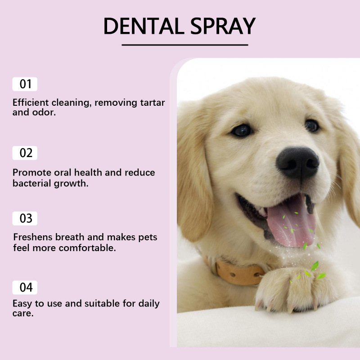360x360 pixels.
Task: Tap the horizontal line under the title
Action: (x=184, y=45)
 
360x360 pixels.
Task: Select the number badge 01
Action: (x=25, y=84)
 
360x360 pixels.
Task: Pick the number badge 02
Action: (x=25, y=153)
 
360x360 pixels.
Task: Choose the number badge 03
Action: (x=25, y=219)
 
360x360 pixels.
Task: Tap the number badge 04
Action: (x=25, y=287)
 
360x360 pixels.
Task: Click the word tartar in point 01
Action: (x=152, y=103)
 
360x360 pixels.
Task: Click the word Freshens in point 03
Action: (x=31, y=237)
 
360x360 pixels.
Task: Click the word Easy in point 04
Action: (x=22, y=304)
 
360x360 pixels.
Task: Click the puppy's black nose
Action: (x=297, y=162)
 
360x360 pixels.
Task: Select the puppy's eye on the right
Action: (x=311, y=125)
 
